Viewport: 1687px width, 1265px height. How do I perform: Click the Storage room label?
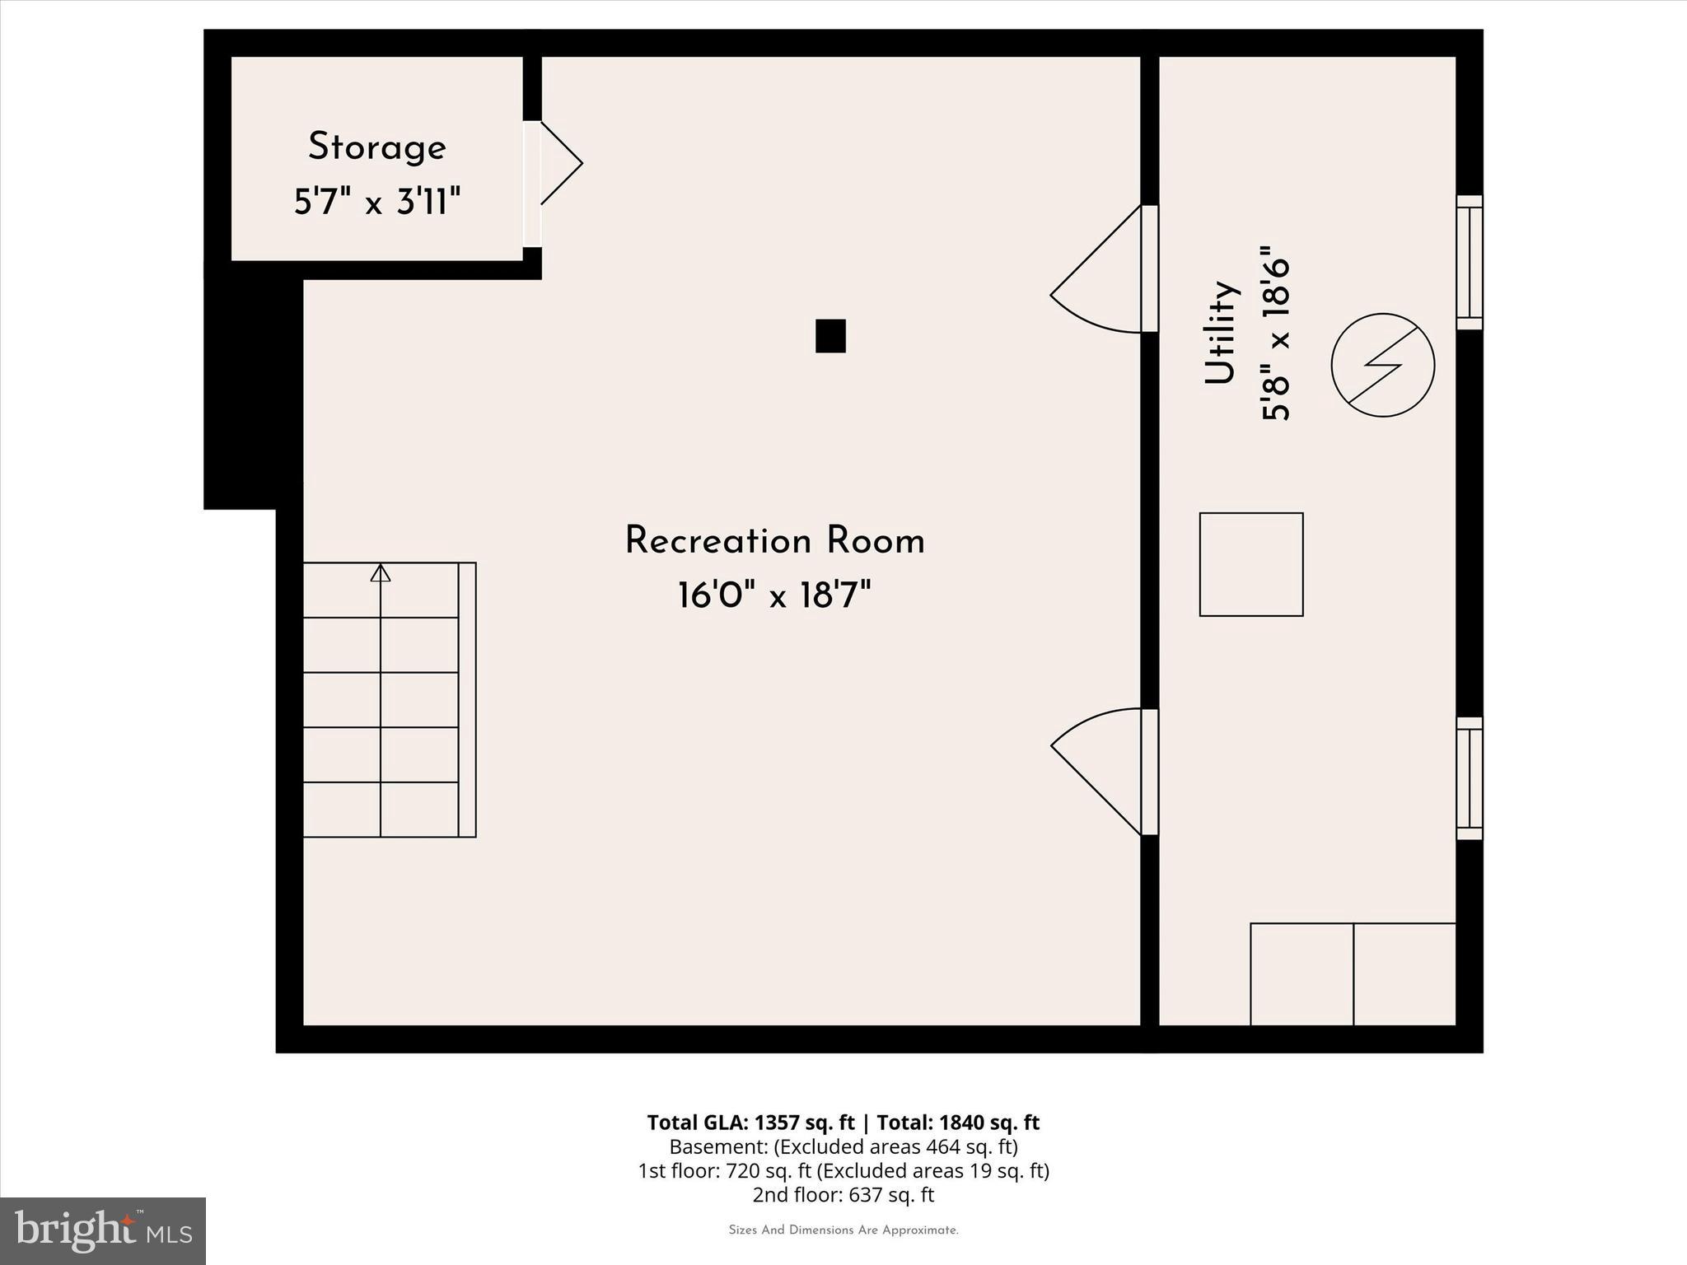[x=377, y=147]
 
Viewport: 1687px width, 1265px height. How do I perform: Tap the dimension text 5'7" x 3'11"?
[x=377, y=202]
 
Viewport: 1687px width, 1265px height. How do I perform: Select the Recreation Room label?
[x=774, y=541]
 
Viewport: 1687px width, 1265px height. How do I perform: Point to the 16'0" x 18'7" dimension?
[x=774, y=595]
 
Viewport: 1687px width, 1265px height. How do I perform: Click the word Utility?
[x=1221, y=333]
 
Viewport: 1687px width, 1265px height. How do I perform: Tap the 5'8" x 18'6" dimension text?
[x=1275, y=333]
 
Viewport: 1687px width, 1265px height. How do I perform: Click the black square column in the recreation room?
[x=830, y=336]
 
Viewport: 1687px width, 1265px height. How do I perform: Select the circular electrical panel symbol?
[x=1383, y=365]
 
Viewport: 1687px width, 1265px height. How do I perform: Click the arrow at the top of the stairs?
[x=380, y=572]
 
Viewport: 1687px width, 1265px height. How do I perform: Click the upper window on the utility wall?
[x=1469, y=263]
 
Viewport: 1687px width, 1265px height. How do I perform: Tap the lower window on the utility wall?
[x=1469, y=778]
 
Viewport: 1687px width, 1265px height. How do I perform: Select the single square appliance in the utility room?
[x=1250, y=564]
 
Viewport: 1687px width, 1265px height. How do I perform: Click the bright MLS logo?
[x=103, y=1230]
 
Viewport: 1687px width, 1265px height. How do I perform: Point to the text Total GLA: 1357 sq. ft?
[x=750, y=1123]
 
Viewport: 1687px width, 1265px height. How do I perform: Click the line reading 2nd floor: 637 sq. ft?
[x=843, y=1194]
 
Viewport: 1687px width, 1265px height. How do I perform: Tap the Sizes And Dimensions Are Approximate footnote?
[x=843, y=1230]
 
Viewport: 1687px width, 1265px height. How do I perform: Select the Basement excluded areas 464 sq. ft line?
[x=843, y=1146]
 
